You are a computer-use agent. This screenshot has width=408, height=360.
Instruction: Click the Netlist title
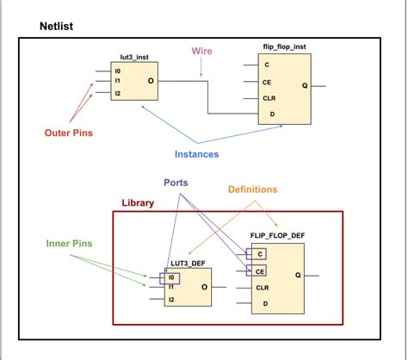(57, 28)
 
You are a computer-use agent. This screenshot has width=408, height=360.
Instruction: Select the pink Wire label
(201, 53)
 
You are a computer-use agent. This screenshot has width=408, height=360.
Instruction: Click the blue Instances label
(197, 153)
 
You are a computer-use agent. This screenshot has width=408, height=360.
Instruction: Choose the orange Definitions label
(252, 189)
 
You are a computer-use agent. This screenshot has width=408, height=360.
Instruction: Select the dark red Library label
(137, 204)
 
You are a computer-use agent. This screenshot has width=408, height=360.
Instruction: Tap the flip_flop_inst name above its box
(287, 45)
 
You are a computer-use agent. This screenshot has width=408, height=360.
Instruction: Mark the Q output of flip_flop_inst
(305, 84)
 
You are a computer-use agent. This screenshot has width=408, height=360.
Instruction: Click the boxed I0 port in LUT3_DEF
(172, 277)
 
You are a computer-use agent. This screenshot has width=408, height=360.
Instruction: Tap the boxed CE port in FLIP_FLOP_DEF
(258, 270)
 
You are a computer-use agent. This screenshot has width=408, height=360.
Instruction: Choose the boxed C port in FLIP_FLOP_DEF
(257, 254)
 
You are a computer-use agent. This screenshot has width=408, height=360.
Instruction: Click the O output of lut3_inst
(151, 82)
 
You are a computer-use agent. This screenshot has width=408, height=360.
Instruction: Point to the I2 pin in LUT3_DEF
(172, 300)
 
